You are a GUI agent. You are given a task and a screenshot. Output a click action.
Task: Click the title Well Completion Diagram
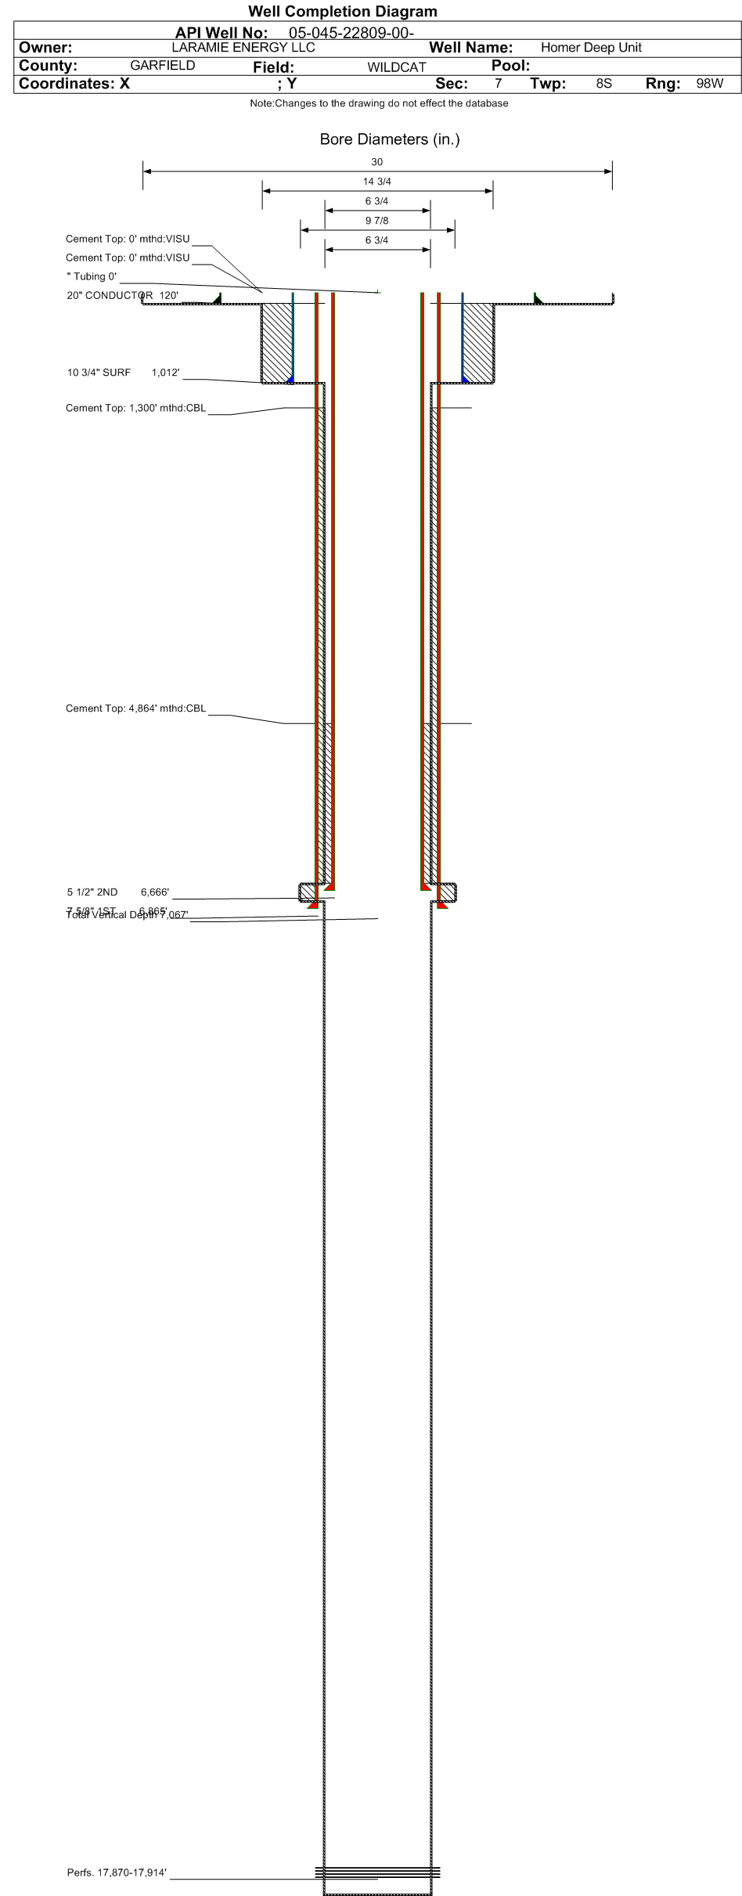click(x=342, y=11)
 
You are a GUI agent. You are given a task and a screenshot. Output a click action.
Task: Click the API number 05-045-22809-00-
click(x=351, y=33)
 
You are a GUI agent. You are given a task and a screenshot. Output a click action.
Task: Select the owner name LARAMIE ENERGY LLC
click(x=243, y=47)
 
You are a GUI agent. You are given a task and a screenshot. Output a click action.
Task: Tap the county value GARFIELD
click(x=162, y=66)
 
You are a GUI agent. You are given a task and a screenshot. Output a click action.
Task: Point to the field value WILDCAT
click(x=396, y=67)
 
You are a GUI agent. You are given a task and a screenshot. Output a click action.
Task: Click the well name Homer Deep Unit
click(x=591, y=48)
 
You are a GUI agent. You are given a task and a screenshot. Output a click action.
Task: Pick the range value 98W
click(x=709, y=83)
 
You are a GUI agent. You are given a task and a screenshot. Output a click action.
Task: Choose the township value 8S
click(x=603, y=83)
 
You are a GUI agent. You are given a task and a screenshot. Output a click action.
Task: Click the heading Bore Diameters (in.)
click(x=389, y=139)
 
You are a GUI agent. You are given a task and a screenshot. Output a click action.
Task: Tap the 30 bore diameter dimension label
click(x=376, y=162)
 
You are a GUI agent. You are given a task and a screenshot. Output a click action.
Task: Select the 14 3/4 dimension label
click(x=376, y=182)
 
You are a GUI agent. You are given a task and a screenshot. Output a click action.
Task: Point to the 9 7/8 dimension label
click(x=376, y=221)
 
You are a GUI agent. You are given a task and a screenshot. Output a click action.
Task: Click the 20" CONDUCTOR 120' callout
click(x=122, y=296)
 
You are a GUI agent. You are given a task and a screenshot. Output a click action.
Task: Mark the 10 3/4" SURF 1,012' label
click(x=123, y=373)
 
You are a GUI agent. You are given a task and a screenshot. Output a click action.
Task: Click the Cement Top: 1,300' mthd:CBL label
click(x=135, y=408)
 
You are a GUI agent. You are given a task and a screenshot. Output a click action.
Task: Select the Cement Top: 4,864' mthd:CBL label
click(x=135, y=708)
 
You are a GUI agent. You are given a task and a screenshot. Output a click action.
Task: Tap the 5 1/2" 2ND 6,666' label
click(x=117, y=892)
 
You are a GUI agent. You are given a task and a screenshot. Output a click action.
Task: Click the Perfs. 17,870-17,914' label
click(x=117, y=1873)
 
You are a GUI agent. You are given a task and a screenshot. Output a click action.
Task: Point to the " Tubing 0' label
click(x=92, y=276)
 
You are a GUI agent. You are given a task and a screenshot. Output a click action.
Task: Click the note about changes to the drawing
click(x=379, y=103)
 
